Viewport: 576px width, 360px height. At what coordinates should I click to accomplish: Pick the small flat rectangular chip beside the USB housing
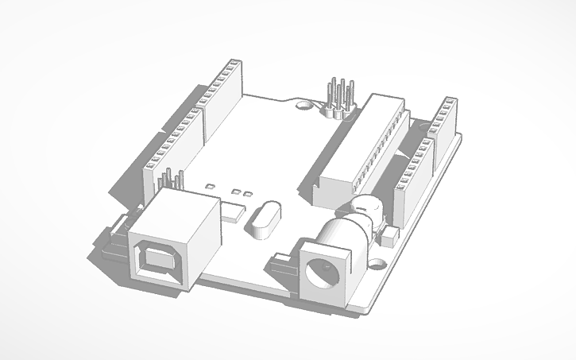233,212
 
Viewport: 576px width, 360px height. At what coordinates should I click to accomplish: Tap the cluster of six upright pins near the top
338,95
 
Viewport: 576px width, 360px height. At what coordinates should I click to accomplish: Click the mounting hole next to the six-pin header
303,103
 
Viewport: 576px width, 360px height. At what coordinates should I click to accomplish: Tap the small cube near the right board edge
389,236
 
